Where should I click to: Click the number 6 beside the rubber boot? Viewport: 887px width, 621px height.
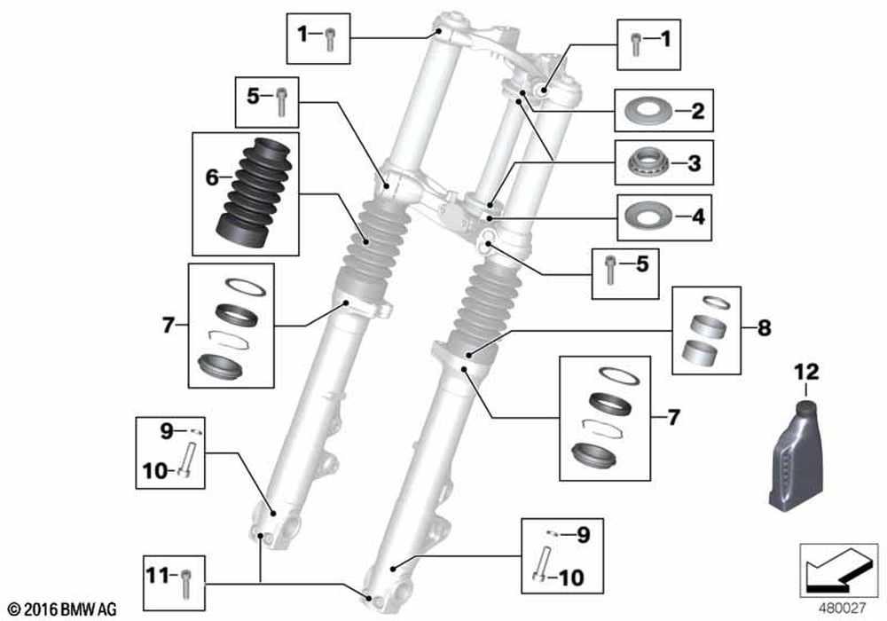[211, 177]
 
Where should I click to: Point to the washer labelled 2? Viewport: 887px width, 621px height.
[653, 113]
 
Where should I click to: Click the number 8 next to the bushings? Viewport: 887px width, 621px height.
[764, 329]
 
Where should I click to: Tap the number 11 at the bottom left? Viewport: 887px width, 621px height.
[156, 575]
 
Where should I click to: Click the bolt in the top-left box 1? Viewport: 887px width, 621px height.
[329, 37]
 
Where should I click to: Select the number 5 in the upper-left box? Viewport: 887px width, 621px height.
[253, 98]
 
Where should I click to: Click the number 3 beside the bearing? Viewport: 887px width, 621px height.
[694, 163]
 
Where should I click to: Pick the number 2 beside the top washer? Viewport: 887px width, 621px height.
[696, 113]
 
